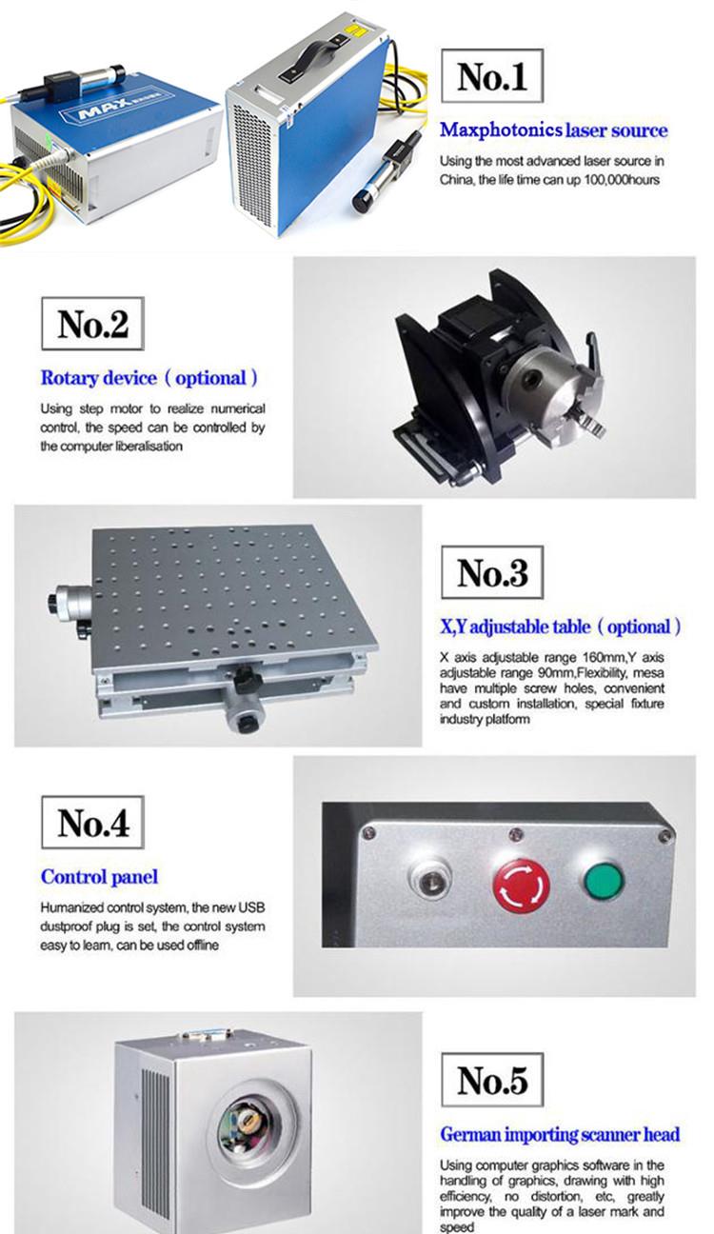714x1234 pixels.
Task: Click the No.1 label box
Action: (x=492, y=75)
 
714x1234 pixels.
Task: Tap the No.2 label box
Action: (x=92, y=324)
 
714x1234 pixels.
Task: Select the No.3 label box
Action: (x=492, y=572)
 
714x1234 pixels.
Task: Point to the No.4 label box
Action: (x=92, y=822)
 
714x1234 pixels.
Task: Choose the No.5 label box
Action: (x=492, y=1080)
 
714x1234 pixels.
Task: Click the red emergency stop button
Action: (x=521, y=886)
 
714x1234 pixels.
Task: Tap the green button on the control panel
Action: (x=604, y=881)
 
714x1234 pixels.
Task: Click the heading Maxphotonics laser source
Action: (x=553, y=130)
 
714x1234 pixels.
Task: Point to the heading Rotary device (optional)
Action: (x=149, y=378)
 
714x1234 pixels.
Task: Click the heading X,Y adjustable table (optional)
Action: (x=561, y=627)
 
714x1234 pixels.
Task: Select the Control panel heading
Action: (x=99, y=877)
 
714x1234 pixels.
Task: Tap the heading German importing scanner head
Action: (x=560, y=1134)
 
